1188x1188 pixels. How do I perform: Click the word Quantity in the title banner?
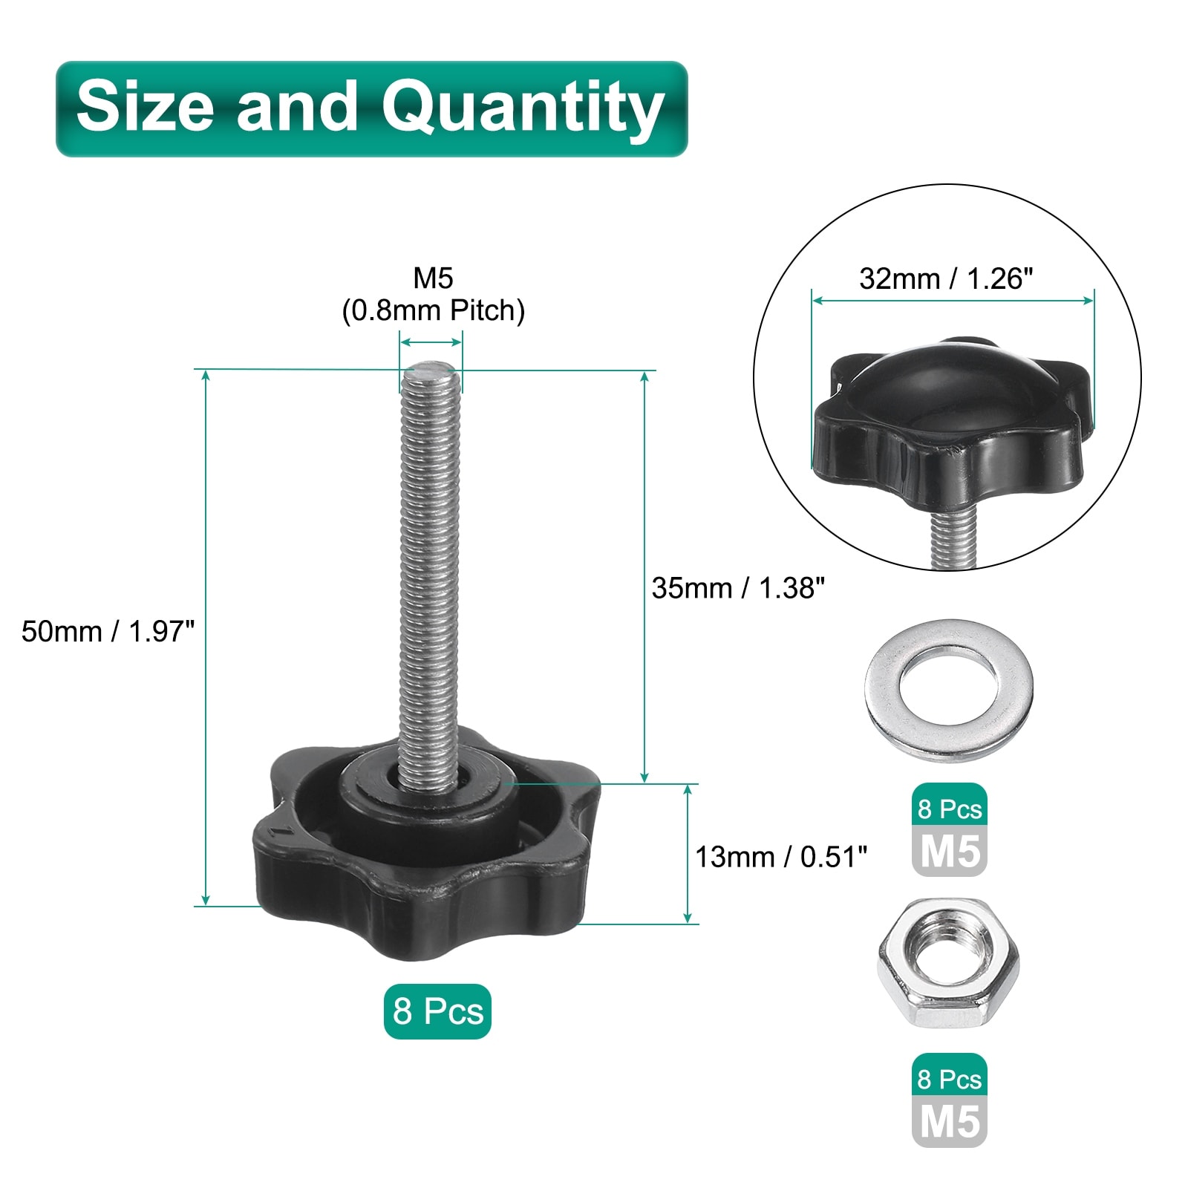coord(523,108)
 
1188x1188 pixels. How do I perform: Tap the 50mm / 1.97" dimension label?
coord(108,631)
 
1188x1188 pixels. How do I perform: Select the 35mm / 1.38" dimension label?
coord(739,588)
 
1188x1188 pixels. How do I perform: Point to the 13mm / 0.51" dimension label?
coord(781,857)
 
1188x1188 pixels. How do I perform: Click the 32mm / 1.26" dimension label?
coord(947,279)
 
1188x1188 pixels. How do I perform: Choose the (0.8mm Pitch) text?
coord(434,310)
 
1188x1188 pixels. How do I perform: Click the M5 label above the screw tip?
coord(433,278)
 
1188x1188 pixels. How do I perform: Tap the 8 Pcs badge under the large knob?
coord(437,1011)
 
